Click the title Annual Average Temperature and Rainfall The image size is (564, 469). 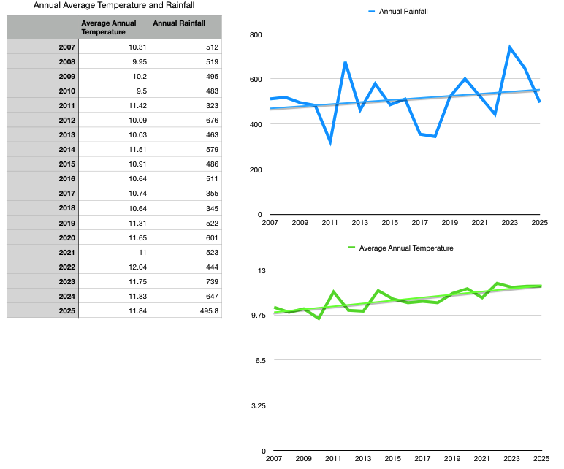114,5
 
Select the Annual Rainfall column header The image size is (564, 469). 178,23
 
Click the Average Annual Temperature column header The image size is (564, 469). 108,27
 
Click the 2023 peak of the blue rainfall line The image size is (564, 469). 510,48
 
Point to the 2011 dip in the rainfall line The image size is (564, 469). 330,142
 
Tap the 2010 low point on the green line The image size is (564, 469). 319,319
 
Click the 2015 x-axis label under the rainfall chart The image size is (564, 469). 390,222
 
